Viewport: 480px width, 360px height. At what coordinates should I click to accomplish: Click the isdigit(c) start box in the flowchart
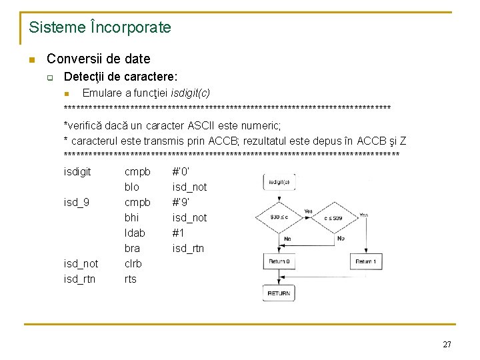(279, 182)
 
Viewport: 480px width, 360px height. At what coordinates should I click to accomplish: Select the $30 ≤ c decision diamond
(279, 217)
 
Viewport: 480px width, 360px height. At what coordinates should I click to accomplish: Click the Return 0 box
(279, 262)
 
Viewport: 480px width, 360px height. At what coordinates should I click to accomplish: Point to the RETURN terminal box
(279, 293)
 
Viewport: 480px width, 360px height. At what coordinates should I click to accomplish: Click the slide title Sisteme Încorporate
(100, 28)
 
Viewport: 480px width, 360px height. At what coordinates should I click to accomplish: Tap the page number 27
(447, 344)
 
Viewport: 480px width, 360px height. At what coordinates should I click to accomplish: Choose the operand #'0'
(181, 171)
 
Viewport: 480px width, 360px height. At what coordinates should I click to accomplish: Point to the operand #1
(178, 233)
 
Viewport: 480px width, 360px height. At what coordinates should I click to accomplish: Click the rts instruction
(130, 279)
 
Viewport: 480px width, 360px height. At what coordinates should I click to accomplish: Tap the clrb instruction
(133, 263)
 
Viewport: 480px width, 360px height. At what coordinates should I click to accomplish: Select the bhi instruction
(132, 217)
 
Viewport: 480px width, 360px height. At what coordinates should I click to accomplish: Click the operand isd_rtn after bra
(188, 248)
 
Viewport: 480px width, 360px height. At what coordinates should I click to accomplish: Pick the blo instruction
(132, 187)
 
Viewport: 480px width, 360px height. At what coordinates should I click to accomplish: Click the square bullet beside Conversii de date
(31, 59)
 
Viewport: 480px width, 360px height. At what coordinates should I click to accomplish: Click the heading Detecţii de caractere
(120, 77)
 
